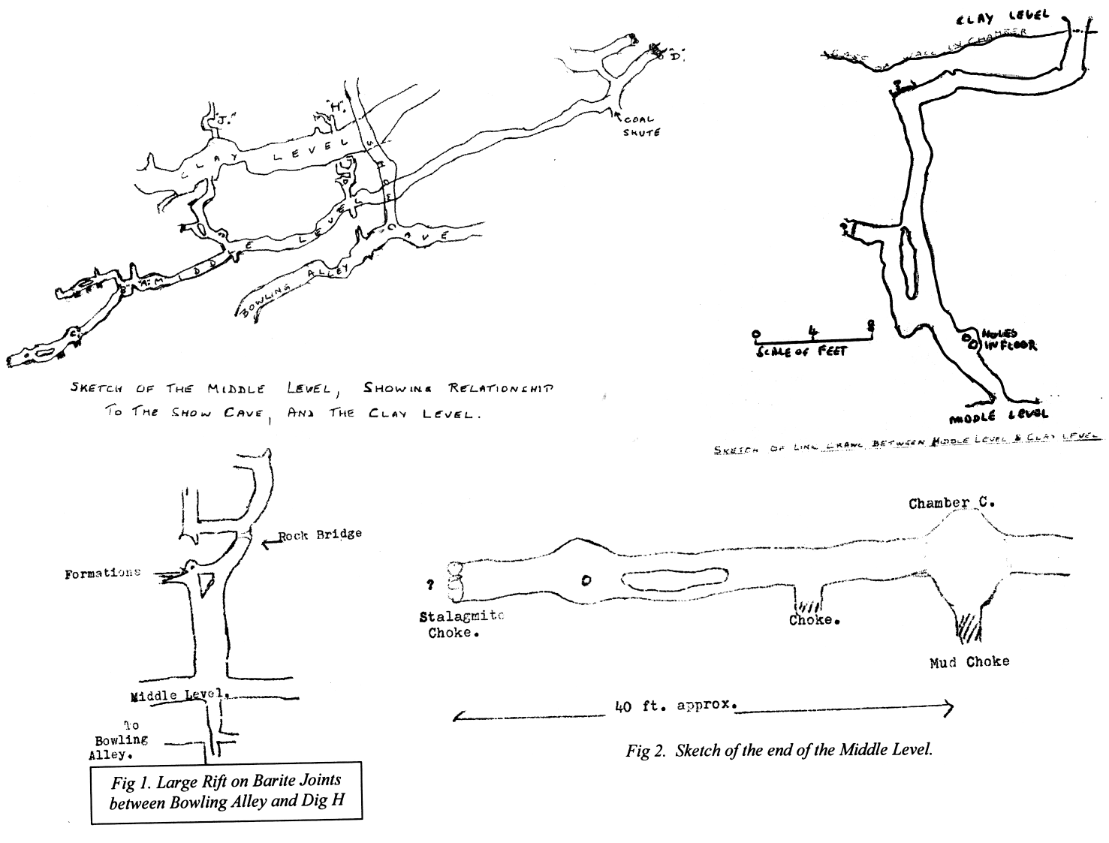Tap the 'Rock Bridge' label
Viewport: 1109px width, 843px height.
coord(320,534)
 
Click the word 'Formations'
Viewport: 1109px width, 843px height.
coord(103,573)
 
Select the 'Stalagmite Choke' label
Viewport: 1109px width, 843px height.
coord(460,624)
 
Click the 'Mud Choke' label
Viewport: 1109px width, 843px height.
coord(969,661)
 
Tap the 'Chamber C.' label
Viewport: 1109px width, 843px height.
coord(951,503)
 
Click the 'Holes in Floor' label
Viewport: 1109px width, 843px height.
coord(1009,339)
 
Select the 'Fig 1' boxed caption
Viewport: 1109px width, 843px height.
coord(227,792)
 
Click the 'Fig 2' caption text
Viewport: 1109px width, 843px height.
coord(779,749)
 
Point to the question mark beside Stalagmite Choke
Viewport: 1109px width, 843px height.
coord(431,586)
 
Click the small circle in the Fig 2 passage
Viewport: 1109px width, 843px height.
coord(586,580)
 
